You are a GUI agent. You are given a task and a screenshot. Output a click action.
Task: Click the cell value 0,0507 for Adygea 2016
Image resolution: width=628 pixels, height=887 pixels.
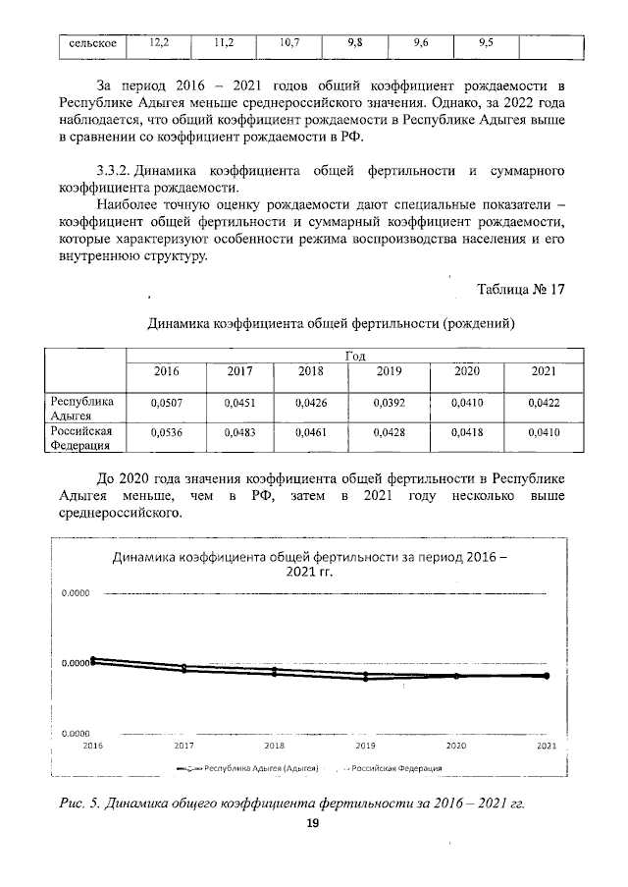[166, 403]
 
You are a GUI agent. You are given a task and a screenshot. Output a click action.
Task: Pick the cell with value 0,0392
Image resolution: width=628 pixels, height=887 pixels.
[388, 403]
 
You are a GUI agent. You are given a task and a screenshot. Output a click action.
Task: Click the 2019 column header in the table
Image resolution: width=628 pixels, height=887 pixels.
[388, 371]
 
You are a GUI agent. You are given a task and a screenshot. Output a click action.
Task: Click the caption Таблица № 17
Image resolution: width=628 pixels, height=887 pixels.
[520, 289]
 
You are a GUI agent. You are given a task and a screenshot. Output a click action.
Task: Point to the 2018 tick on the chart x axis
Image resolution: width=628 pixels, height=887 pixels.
[274, 747]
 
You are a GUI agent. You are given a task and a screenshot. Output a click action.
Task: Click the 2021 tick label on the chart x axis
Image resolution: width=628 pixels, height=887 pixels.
[546, 747]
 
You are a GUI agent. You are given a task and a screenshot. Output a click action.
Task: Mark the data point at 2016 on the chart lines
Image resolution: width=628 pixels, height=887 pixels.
[94, 660]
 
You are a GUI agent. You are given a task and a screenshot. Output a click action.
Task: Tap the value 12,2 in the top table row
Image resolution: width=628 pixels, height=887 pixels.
[159, 43]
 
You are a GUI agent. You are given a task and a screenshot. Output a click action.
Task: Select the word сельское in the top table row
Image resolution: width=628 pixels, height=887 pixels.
[87, 44]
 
